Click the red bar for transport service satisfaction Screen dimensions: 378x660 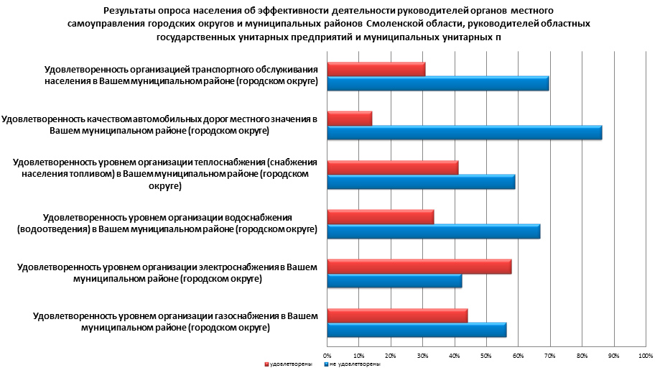point(376,69)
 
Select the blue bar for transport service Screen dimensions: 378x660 point(437,83)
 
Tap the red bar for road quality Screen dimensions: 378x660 point(349,118)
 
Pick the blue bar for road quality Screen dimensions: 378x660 point(464,133)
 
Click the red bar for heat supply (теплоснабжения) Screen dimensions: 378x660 point(392,167)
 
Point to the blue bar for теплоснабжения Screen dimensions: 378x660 point(421,182)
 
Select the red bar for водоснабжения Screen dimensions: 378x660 point(380,216)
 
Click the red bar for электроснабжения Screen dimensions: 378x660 point(419,267)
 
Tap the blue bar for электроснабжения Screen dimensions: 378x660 point(394,281)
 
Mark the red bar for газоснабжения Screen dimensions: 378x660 point(397,315)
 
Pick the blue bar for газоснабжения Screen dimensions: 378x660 point(417,330)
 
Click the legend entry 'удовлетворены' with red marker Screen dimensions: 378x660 point(289,365)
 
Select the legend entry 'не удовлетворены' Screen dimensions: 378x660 point(352,365)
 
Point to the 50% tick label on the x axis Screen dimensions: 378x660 point(485,356)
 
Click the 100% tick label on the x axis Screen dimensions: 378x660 point(644,356)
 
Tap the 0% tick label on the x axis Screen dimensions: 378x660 point(327,356)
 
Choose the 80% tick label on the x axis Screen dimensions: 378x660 point(581,356)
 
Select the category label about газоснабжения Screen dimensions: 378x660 point(165,321)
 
